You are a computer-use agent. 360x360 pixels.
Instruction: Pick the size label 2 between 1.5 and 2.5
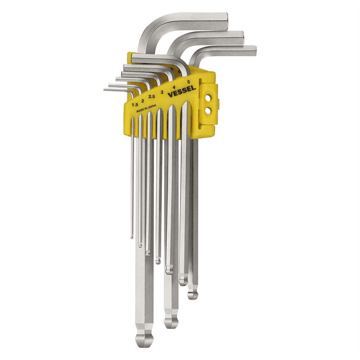click(x=143, y=99)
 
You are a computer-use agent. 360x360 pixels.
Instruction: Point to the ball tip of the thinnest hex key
click(x=132, y=236)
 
